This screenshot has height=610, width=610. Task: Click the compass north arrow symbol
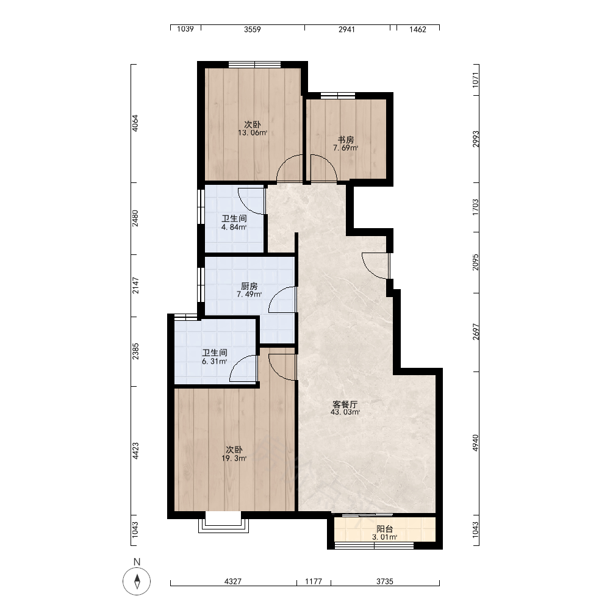[x=137, y=581]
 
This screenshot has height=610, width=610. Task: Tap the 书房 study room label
[x=345, y=140]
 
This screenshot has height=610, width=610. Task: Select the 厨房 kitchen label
[x=249, y=286]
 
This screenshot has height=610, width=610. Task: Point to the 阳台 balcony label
[x=384, y=529]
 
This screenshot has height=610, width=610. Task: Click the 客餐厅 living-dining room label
[x=345, y=404]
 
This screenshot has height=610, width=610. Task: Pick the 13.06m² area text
[x=253, y=132]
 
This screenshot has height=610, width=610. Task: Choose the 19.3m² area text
[x=234, y=458]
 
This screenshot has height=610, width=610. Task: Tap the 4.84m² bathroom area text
[x=234, y=227]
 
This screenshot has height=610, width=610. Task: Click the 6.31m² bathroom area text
[x=214, y=361]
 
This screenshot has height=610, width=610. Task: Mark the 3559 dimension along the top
[x=252, y=29]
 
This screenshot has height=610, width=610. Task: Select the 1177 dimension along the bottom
[x=313, y=581]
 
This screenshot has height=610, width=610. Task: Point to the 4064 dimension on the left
[x=135, y=123]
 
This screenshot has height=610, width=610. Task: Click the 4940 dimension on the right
[x=475, y=443]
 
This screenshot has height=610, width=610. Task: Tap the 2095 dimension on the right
[x=475, y=262]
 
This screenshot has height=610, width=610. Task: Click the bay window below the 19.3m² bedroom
[x=223, y=522]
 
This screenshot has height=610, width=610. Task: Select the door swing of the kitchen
[x=282, y=300]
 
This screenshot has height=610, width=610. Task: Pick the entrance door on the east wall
[x=376, y=266]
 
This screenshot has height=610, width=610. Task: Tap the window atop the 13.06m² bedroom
[x=254, y=65]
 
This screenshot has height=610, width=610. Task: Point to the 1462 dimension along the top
[x=417, y=29]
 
